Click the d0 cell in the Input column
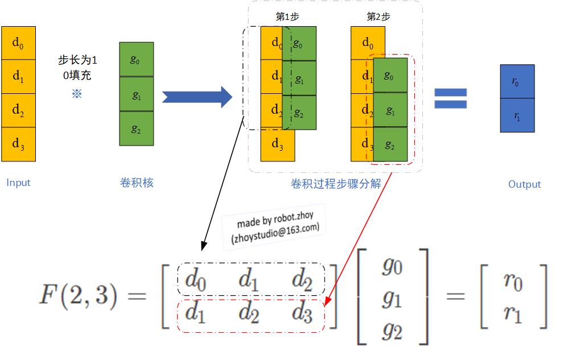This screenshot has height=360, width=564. pos(18,43)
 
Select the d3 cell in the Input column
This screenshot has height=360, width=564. pos(18,144)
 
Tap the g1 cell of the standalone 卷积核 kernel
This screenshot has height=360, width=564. pos(136,94)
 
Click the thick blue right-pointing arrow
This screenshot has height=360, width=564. pos(197,97)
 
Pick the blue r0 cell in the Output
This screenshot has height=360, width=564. pos(517,81)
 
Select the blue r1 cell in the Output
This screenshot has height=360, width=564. pos(517,115)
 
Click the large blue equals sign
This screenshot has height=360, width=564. pos(450,98)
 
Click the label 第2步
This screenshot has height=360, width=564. pos(378,17)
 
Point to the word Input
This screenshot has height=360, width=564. pos(18,183)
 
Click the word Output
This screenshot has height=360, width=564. pos(524,184)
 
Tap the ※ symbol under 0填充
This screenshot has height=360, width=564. pos(77,94)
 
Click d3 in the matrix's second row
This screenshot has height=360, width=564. pos(302,313)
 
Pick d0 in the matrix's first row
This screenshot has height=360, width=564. pos(195,280)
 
